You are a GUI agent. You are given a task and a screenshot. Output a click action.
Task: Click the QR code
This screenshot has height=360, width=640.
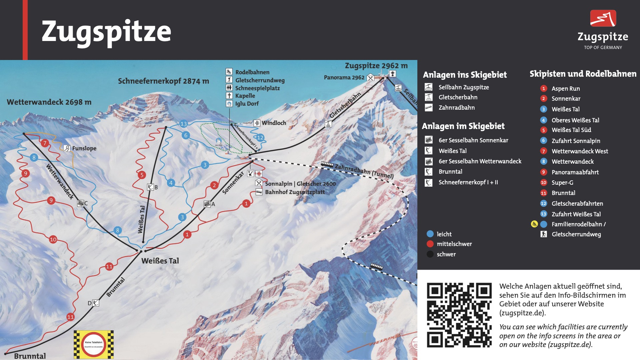[x=459, y=315]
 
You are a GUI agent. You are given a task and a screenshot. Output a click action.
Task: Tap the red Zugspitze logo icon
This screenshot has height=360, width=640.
[x=603, y=18]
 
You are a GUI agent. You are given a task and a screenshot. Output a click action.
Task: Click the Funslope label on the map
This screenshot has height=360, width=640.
[x=84, y=148]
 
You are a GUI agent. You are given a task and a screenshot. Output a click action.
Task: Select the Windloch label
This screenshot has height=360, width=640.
[x=274, y=123]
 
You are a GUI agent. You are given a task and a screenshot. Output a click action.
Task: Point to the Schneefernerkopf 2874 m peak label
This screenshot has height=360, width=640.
[x=163, y=81]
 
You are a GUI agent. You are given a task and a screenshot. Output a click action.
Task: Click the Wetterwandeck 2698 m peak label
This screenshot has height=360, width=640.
[x=49, y=102]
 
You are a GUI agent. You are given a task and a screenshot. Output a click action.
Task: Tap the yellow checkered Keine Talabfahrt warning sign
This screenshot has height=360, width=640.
[x=94, y=344]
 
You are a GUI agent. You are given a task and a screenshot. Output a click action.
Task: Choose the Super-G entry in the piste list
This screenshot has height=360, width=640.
[x=562, y=183]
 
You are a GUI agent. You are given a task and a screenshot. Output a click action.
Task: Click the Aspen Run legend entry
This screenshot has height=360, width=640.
[x=566, y=89]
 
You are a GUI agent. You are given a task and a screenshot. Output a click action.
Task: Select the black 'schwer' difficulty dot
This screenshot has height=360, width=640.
[x=430, y=254]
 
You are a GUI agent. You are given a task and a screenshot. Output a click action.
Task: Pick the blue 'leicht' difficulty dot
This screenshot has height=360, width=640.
[x=430, y=234]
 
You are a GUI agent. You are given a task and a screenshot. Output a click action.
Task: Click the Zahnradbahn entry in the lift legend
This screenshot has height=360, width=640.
[x=456, y=108]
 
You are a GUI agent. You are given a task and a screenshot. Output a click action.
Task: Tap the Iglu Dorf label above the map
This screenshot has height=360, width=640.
[x=247, y=104]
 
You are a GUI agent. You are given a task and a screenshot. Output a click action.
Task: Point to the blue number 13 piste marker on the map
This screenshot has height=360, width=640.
[x=184, y=124]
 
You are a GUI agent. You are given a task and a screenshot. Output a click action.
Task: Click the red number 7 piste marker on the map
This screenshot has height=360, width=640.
[x=45, y=143]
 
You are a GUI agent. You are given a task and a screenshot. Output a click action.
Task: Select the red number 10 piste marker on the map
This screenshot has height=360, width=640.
[x=53, y=239]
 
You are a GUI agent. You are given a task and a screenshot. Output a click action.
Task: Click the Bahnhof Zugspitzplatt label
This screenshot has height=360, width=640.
[x=295, y=192]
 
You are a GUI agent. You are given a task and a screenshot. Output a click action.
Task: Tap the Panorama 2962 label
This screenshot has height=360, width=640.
[x=344, y=78]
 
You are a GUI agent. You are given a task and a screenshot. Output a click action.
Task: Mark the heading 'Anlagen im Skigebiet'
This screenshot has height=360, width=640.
[x=463, y=126]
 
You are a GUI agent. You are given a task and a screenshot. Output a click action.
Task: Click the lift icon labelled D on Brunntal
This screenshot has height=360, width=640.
[x=96, y=303]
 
